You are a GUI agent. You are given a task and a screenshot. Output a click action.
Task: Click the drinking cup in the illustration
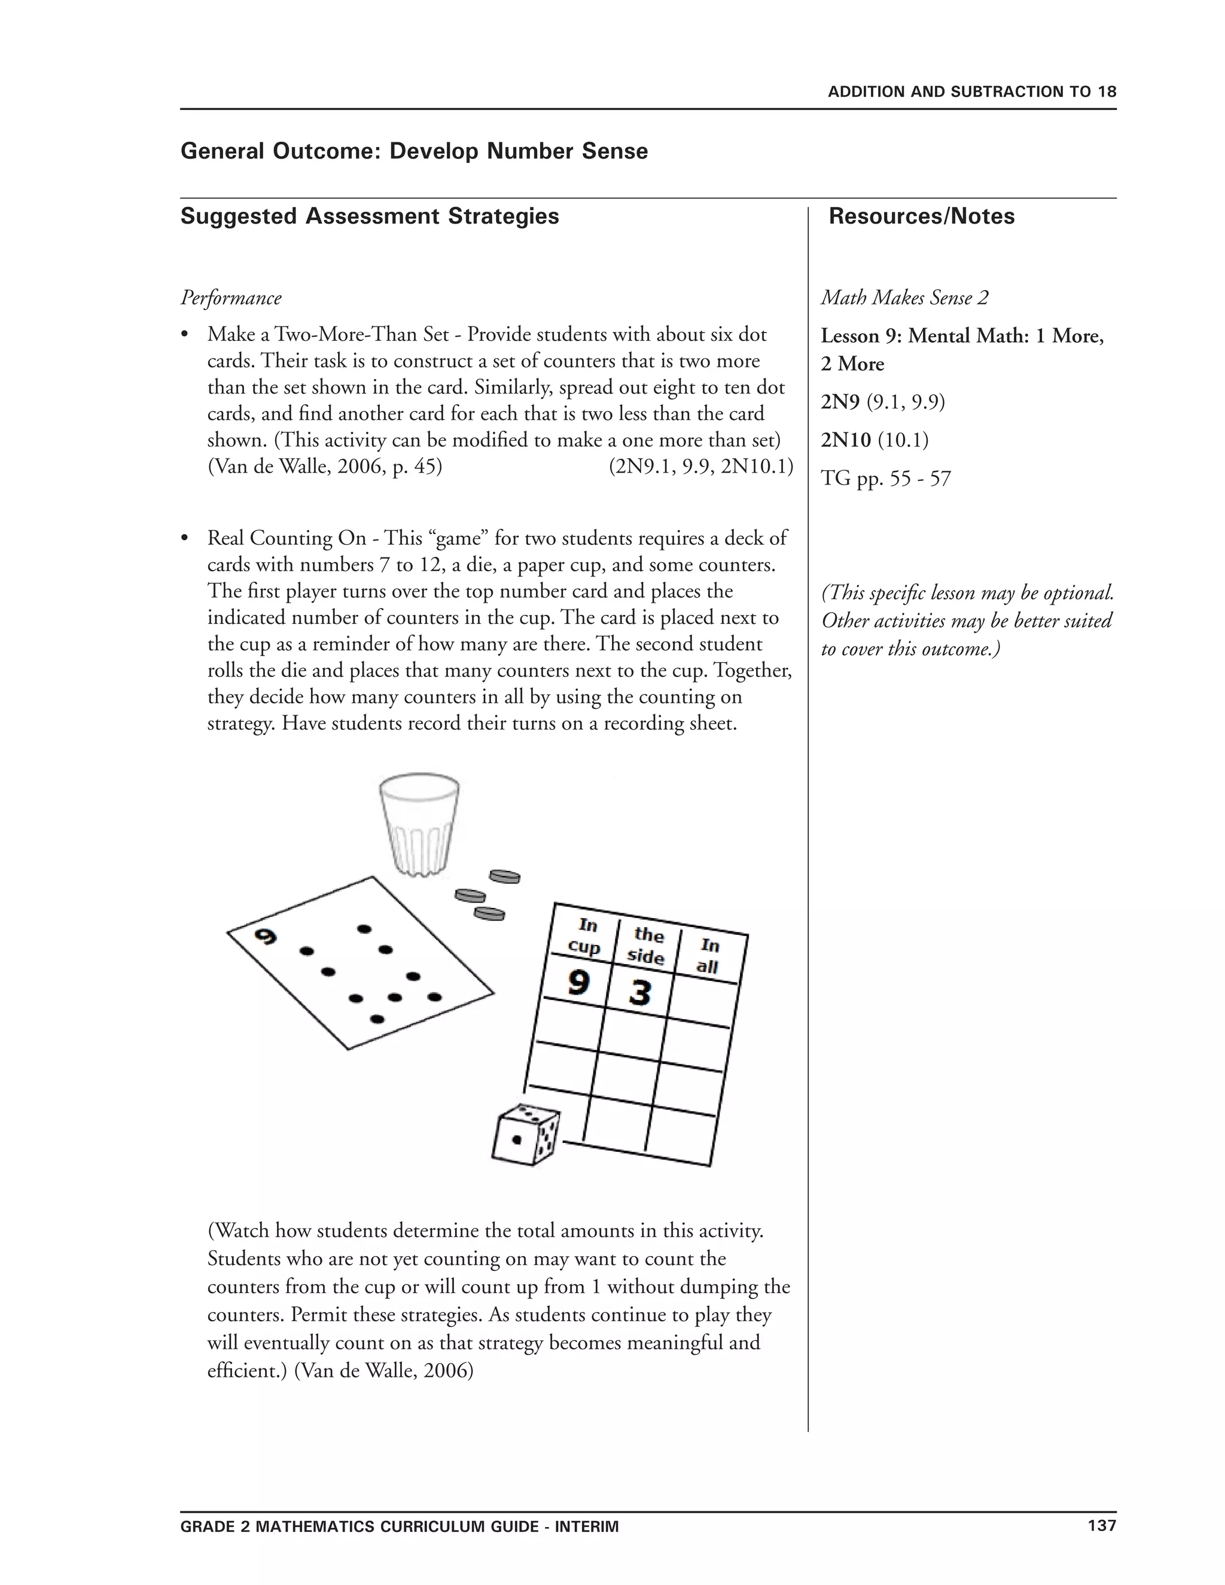coord(419,824)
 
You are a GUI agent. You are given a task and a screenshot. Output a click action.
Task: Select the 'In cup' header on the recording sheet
coord(585,935)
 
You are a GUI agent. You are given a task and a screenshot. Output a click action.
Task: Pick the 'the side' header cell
coord(647,946)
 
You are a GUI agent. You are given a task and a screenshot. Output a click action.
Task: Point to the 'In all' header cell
coord(708,956)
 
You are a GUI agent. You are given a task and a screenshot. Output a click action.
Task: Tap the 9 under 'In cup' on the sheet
coord(578,983)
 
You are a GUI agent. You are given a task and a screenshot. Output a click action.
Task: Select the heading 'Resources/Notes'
coord(921,217)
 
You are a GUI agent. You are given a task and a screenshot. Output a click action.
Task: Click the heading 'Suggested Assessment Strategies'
coord(370,217)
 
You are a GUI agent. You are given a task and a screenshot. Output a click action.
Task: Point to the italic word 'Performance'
coord(231,298)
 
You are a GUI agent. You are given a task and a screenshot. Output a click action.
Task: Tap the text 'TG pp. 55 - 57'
coord(885,478)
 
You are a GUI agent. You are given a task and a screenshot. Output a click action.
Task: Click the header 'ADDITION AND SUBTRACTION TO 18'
coord(972,92)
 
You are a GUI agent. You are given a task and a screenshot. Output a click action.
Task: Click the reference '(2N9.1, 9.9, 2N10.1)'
coord(700,466)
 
